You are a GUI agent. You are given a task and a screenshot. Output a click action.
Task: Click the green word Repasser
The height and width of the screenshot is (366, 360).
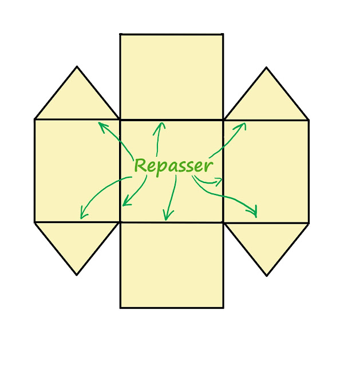(x=173, y=166)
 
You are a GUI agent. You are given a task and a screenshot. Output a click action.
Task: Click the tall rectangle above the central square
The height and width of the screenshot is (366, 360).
(x=171, y=77)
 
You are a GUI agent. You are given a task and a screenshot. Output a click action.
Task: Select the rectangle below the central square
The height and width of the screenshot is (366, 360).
(x=171, y=265)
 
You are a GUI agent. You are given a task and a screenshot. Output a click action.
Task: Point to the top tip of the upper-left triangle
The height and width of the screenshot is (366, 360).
(x=77, y=67)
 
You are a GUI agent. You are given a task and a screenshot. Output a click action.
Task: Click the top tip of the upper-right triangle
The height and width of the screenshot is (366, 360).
(x=266, y=68)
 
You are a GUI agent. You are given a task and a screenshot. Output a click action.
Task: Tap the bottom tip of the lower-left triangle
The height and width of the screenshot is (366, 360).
(x=77, y=274)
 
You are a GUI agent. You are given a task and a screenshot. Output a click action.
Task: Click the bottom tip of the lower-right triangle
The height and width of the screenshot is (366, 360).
(x=267, y=276)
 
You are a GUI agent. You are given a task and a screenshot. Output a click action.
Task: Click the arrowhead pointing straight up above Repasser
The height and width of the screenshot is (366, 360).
(x=162, y=124)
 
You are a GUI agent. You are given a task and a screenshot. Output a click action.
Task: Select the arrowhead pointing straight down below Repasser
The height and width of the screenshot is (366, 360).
(x=167, y=218)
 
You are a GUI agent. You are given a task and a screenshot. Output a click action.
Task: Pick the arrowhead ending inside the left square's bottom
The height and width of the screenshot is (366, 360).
(x=82, y=216)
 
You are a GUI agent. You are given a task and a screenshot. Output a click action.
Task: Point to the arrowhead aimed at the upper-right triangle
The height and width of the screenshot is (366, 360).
(x=244, y=124)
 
